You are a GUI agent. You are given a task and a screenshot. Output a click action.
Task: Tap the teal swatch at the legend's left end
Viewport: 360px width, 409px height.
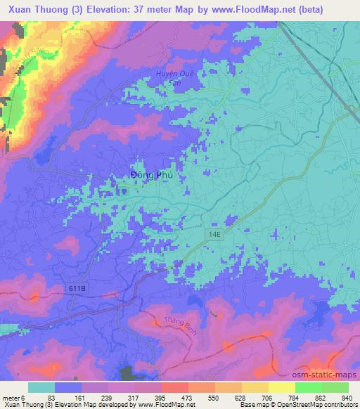[41, 387]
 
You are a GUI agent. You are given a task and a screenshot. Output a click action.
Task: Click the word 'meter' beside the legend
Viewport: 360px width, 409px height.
[11, 398]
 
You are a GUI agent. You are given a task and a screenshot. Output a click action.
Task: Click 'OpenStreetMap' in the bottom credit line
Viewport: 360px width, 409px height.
[309, 405]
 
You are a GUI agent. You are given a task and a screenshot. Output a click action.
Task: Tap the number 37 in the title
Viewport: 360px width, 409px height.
[143, 11]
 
